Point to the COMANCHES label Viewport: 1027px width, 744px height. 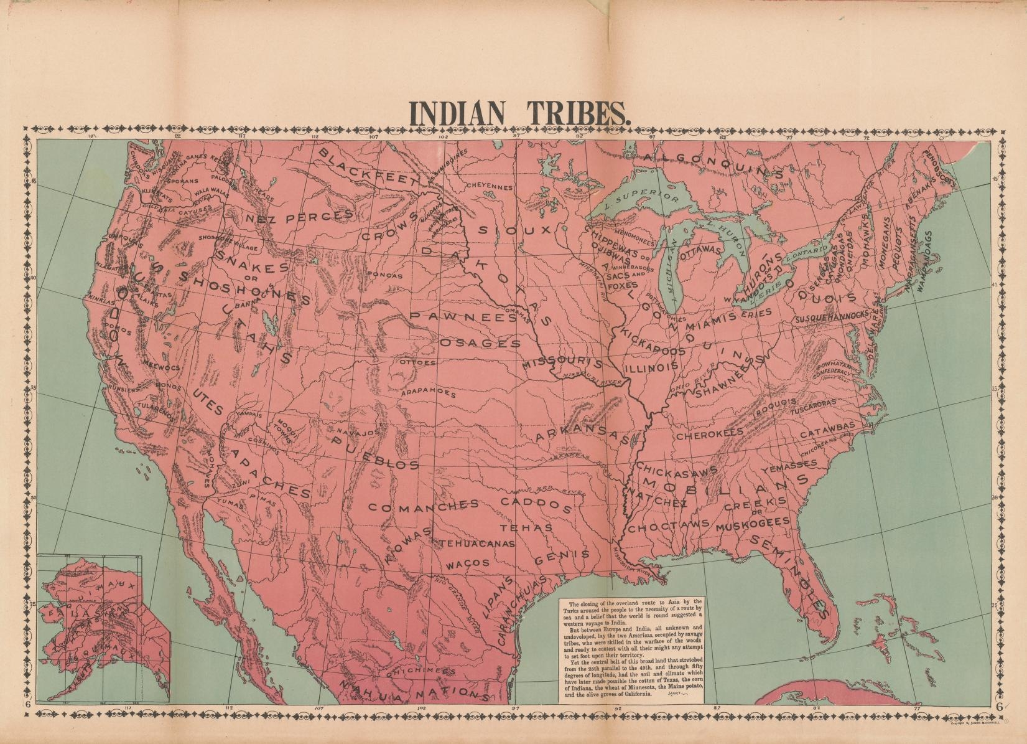pyautogui.click(x=423, y=506)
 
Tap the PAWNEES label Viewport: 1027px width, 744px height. pyautogui.click(x=463, y=317)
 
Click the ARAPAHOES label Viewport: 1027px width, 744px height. pyautogui.click(x=428, y=393)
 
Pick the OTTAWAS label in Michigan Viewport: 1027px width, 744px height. pyautogui.click(x=700, y=253)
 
